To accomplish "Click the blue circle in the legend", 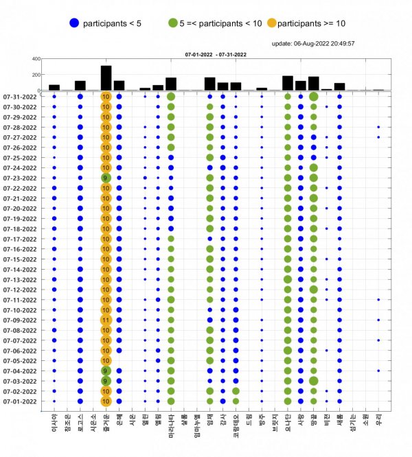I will tap(73, 23).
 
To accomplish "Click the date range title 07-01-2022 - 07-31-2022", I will tap(216, 53).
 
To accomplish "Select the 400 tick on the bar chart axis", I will tap(35, 59).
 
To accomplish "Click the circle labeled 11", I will tap(106, 320).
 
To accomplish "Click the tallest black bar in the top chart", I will tap(106, 78).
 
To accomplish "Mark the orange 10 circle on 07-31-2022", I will tap(106, 97).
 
